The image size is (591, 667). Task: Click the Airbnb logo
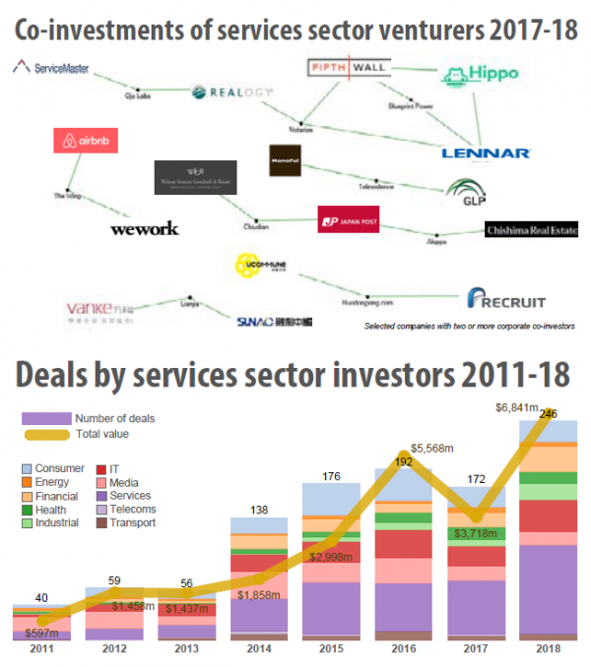(x=86, y=141)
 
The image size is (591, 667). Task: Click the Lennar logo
(x=487, y=152)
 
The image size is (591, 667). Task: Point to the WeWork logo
(x=144, y=228)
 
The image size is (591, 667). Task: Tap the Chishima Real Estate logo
(x=532, y=230)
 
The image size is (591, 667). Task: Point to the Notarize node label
(x=301, y=127)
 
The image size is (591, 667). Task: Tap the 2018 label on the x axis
(x=548, y=650)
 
